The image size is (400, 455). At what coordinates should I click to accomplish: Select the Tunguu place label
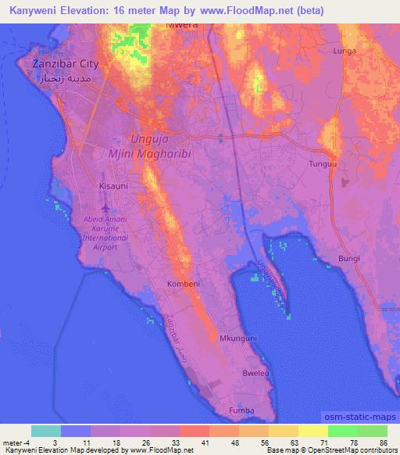345,165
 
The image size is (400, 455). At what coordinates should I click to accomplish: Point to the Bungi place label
348,258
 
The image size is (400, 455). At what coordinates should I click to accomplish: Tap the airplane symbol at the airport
105,208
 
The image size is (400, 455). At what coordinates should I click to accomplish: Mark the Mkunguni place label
237,338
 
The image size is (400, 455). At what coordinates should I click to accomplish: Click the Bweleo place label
254,373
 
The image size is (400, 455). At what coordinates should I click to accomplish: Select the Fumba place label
241,409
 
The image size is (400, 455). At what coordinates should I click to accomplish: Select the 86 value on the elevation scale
382,442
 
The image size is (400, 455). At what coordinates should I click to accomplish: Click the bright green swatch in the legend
343,431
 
